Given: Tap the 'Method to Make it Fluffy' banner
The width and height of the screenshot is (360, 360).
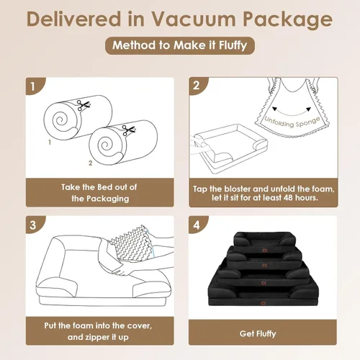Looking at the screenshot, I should [x=179, y=46].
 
